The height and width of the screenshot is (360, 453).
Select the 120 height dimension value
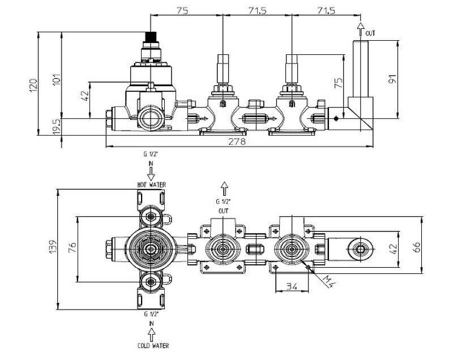pyautogui.click(x=33, y=85)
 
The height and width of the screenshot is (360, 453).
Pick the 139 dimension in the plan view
pyautogui.click(x=53, y=246)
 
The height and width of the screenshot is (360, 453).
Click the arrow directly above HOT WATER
pyautogui.click(x=151, y=170)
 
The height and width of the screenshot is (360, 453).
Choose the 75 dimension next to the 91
pyautogui.click(x=339, y=83)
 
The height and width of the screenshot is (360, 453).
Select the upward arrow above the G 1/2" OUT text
pyautogui.click(x=224, y=187)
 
